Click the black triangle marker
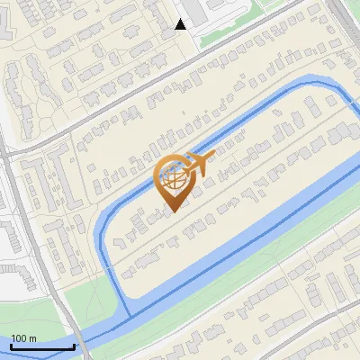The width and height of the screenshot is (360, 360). tap(181, 24)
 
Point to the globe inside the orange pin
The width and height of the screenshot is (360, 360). tap(176, 177)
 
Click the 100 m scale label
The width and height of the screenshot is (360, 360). tap(23, 338)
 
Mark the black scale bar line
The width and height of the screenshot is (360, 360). tap(42, 346)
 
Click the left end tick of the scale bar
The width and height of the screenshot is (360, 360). tap(12, 346)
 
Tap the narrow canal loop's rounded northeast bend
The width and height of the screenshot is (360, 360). tap(340, 93)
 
